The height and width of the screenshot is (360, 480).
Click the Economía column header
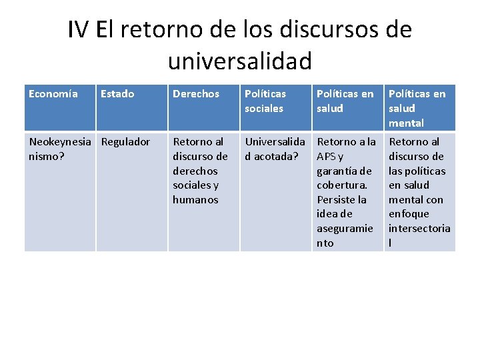tap(53, 94)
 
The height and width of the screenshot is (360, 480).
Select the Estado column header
tap(117, 94)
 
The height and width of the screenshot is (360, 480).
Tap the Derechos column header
tap(196, 94)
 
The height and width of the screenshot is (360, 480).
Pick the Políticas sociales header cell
tap(265, 101)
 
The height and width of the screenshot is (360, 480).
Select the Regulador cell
tap(125, 141)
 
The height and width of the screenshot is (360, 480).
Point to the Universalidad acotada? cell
tap(275, 149)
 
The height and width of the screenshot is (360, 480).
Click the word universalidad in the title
tap(240, 61)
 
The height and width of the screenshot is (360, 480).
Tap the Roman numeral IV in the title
tap(79, 30)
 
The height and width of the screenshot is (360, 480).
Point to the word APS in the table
tap(327, 156)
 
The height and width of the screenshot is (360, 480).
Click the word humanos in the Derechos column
tap(195, 199)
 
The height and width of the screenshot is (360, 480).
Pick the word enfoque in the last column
tap(409, 214)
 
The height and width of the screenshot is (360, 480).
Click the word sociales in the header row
tap(264, 108)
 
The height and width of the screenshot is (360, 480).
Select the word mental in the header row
tap(406, 123)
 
